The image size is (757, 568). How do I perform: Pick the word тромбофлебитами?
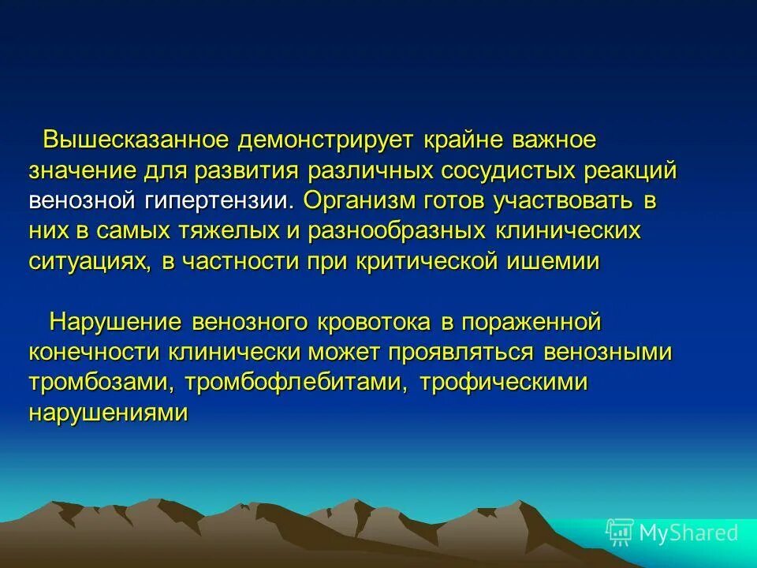point(296,383)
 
